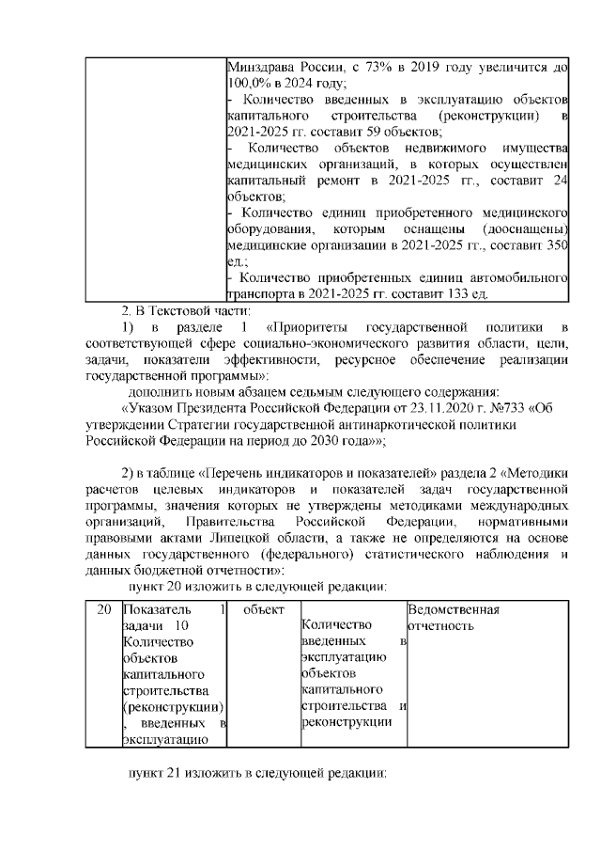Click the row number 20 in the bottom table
click(x=104, y=609)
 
